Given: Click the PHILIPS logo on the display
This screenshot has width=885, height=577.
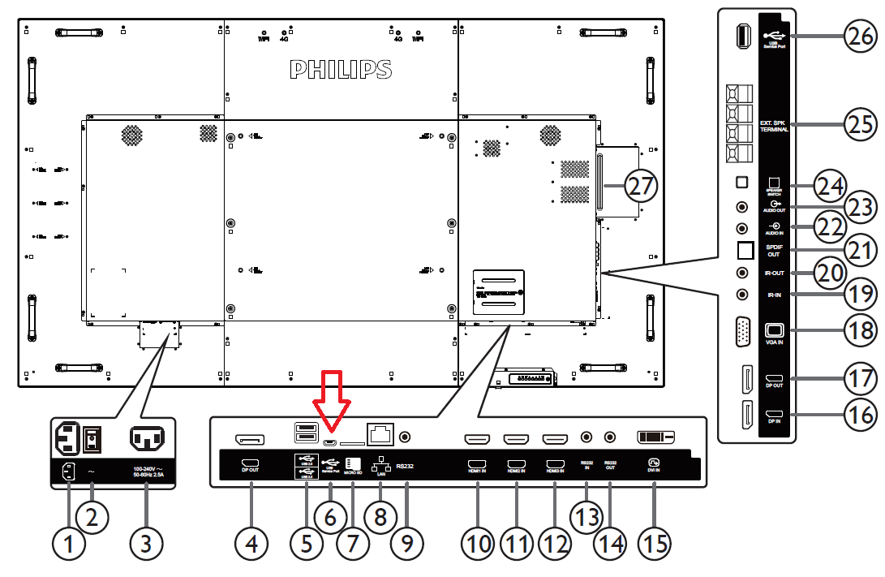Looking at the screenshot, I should (341, 70).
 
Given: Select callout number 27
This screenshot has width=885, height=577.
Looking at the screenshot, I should (641, 186).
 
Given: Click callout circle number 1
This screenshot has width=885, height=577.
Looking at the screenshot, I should (69, 544).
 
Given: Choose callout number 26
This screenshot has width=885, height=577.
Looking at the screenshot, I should (860, 36).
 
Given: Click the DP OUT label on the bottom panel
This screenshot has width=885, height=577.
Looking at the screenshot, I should (250, 470).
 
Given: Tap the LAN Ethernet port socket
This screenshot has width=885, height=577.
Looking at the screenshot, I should (380, 435).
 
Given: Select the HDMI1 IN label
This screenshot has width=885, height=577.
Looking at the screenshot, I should (477, 470).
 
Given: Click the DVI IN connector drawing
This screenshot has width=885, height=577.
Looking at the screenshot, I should (656, 437).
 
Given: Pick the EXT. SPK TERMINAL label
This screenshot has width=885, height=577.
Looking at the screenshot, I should (774, 126).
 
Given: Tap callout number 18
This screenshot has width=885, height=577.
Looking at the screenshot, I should (860, 329).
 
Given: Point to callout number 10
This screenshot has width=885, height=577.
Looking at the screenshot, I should (478, 544).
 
